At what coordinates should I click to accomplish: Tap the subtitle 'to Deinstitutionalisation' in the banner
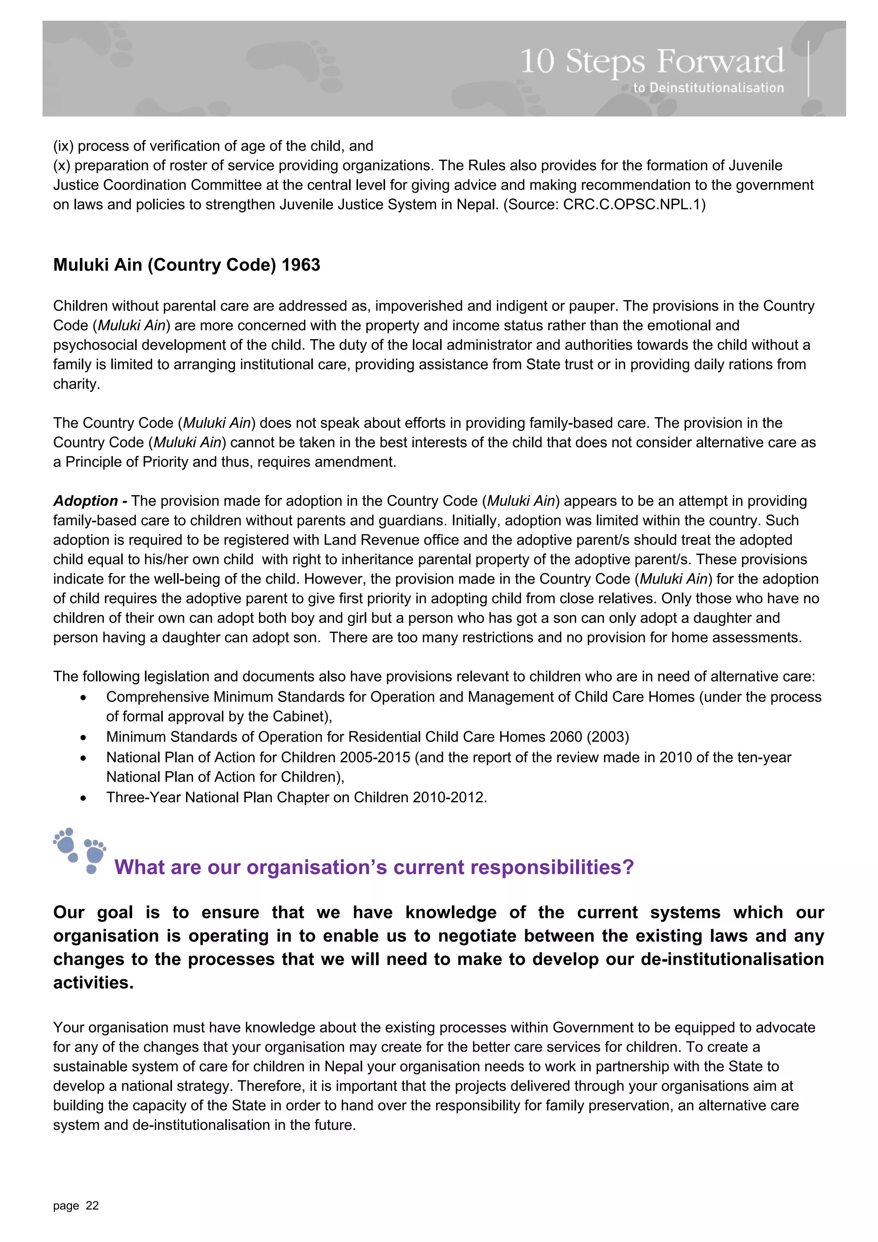[708, 87]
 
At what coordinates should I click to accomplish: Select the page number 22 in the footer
[93, 1205]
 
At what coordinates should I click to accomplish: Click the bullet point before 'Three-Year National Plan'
[83, 798]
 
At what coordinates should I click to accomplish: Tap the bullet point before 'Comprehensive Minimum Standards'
[83, 698]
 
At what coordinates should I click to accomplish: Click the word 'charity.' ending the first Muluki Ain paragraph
[76, 384]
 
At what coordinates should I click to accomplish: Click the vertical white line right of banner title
[808, 69]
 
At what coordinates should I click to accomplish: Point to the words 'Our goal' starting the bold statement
[93, 913]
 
